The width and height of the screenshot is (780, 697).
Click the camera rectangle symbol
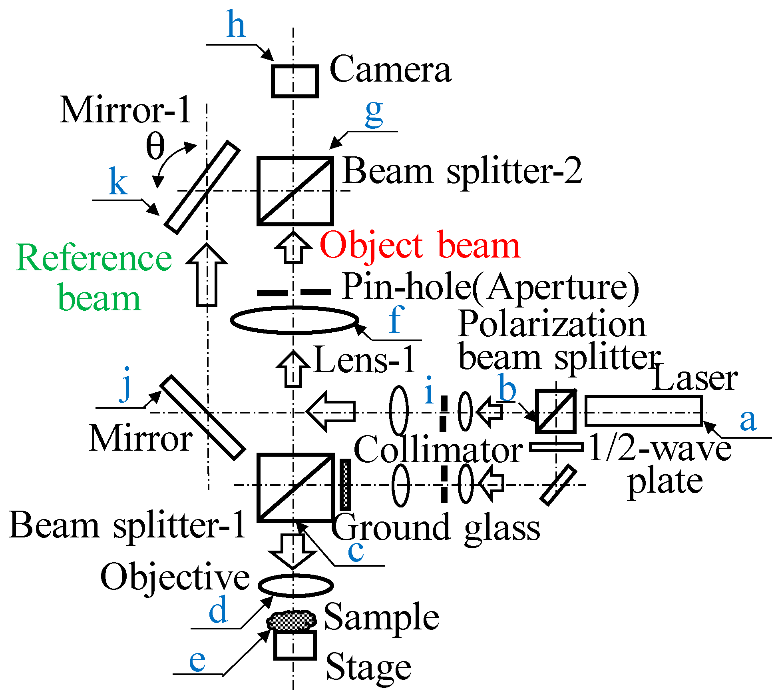coord(295,82)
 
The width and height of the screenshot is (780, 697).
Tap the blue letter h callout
coord(236,25)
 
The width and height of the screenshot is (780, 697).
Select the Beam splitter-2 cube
coord(295,191)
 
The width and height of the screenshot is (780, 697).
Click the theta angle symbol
coord(155,146)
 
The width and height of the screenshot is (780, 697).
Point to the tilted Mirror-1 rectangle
coord(203,187)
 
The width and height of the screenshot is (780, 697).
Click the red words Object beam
coord(420,246)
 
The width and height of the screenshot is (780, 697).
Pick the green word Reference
coord(94,258)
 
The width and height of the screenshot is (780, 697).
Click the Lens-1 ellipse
coord(294,320)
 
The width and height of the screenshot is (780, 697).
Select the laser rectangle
coord(643,411)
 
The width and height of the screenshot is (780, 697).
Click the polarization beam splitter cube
coord(556,411)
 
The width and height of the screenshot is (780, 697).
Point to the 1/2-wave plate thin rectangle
coord(556,447)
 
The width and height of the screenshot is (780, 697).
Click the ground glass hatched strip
coord(345,485)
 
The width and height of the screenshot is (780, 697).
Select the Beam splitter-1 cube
coord(296,487)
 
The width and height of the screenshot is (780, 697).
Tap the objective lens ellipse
coord(296,585)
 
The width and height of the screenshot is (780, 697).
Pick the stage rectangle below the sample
coord(295,645)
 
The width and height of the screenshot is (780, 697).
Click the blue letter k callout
coord(118,182)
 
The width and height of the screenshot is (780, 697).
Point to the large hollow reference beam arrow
coord(207,276)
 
